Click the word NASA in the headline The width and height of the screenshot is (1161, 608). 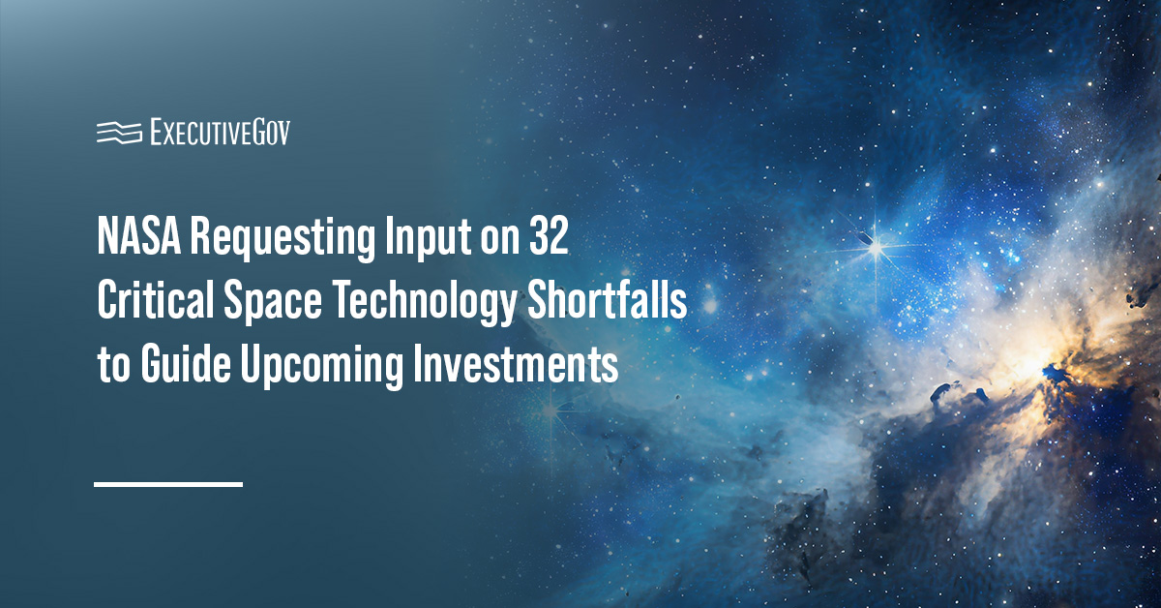tap(139, 236)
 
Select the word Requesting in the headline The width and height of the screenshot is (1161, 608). tap(283, 240)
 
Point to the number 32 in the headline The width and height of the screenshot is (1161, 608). tap(549, 236)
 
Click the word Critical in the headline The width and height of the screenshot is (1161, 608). tap(156, 300)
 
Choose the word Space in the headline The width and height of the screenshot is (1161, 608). tap(273, 303)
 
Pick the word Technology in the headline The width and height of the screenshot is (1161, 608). tap(425, 303)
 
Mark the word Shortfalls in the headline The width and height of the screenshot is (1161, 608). tap(607, 300)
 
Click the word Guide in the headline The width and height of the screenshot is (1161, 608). tap(186, 364)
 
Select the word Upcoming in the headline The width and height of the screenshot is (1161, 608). tap(321, 367)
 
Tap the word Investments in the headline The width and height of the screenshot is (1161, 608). tap(516, 364)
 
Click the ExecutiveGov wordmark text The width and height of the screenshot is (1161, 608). tap(221, 132)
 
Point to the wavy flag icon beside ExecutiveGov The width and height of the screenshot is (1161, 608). tap(119, 133)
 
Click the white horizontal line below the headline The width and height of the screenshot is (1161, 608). tap(168, 484)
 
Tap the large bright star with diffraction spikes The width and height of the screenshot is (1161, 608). tap(876, 248)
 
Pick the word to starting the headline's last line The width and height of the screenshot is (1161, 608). tap(114, 366)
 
